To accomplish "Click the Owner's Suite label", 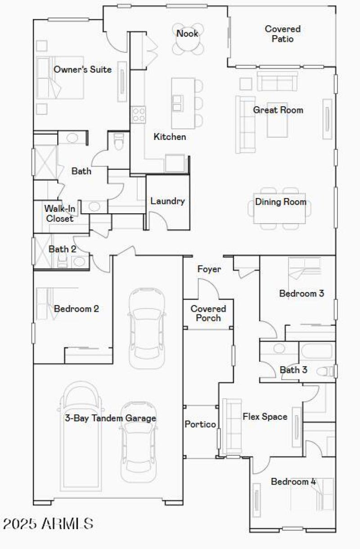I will coord(82,70).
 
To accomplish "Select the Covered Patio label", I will coord(283,34).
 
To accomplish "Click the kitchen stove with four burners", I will coord(138,114).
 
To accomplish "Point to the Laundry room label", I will coord(167,201).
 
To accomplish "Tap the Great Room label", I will coord(278,110).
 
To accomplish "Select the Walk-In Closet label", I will coord(59,213).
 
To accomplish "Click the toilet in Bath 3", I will coord(327,371).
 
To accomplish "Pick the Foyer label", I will coord(209,269).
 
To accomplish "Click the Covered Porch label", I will coord(208,313).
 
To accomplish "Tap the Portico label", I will coord(200,424).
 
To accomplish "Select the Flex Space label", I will coord(265,417).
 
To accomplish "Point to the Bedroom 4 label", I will coord(293,482).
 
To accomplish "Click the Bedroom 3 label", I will coord(301,293).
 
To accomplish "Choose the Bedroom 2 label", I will coord(76,309).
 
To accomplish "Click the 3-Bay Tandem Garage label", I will coord(110,418).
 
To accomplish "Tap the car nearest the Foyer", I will coord(147,327).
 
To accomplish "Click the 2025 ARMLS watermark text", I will coord(48,524).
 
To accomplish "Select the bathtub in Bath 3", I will coord(317,351).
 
